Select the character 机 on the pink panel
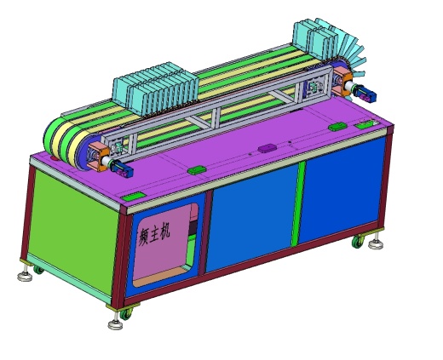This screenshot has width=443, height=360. coord(164,231)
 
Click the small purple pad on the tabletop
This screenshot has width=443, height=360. coord(268,148)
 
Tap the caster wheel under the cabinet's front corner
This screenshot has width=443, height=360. coord(125,313)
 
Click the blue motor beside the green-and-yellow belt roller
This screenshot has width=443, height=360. coord(122,169)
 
